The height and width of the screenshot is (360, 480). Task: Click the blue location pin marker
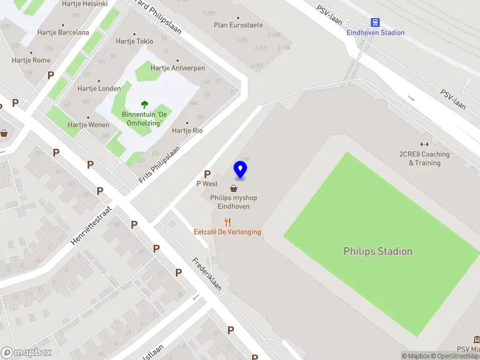[x=241, y=170]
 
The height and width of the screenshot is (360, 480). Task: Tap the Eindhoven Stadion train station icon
[x=376, y=22]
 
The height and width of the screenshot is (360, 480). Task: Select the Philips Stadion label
[x=377, y=251]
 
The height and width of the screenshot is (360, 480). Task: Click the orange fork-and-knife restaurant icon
[x=227, y=222]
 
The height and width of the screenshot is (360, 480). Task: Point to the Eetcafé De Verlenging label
[x=227, y=232]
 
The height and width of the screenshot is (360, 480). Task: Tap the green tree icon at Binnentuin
[x=144, y=105]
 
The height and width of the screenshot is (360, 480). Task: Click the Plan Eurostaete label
[x=238, y=25]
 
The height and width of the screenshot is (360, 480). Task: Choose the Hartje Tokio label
[x=134, y=41]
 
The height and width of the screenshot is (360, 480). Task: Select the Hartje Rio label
[x=187, y=130]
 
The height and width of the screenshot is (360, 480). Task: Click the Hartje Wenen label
[x=88, y=125]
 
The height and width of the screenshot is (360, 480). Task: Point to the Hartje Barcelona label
[x=63, y=32]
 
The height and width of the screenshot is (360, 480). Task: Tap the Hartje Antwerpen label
[x=178, y=68]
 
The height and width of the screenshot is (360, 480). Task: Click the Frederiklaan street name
[x=207, y=274]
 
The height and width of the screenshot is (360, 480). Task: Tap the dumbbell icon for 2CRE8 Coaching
[x=425, y=144]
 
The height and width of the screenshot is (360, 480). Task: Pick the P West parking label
[x=207, y=184]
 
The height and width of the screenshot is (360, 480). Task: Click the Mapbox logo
[x=26, y=353]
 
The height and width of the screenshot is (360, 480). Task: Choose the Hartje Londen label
[x=99, y=88]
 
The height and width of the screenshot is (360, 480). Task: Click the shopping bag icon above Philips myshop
[x=233, y=188]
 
